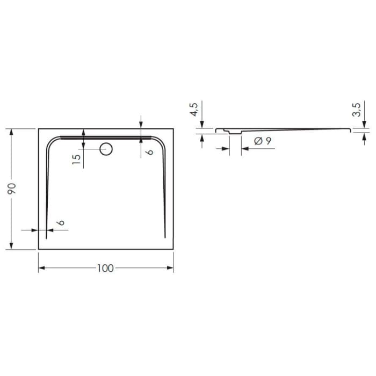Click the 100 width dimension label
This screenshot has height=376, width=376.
(106, 267)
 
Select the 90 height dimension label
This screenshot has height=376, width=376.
(12, 189)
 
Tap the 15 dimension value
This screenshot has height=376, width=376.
(76, 158)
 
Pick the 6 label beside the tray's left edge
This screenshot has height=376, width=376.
(62, 222)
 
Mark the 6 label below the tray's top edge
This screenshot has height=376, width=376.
(150, 151)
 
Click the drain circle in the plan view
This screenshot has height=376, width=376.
(106, 149)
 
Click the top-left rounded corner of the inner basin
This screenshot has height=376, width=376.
(52, 141)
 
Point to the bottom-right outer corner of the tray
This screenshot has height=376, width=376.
(173, 250)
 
